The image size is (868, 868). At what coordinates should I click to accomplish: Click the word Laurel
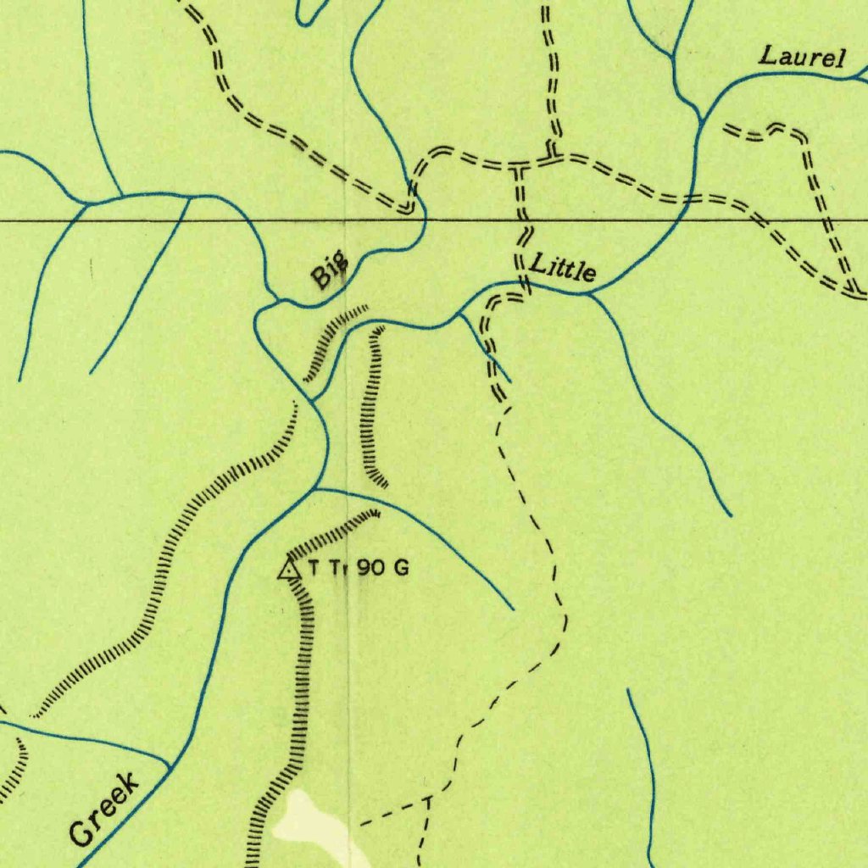[802, 58]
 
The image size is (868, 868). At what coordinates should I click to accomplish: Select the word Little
[563, 270]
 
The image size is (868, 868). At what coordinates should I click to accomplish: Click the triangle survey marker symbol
[290, 568]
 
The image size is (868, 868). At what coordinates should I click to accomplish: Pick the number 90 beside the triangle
[370, 568]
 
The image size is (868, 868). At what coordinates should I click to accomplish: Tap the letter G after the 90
[401, 568]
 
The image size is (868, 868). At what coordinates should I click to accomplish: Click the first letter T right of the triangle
[314, 568]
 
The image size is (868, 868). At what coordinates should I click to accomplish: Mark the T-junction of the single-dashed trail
[427, 799]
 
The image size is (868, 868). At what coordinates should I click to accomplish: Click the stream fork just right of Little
[590, 294]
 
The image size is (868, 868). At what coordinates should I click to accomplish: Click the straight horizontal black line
[593, 220]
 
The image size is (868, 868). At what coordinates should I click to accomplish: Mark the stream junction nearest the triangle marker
[315, 489]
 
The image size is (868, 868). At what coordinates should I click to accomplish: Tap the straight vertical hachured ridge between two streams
[370, 407]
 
